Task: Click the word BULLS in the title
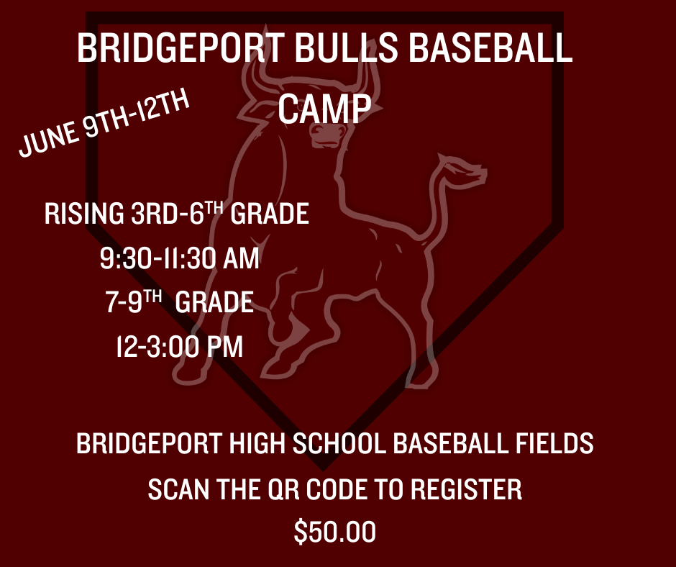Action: point(346,47)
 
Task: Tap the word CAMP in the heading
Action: point(324,109)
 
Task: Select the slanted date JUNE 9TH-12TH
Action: point(104,122)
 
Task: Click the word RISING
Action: point(84,213)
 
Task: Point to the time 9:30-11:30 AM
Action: point(179,258)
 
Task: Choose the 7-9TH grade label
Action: point(179,301)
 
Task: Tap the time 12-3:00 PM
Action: point(179,346)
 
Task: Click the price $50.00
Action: point(334,532)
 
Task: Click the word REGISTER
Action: point(466,489)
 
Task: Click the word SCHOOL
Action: point(339,443)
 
